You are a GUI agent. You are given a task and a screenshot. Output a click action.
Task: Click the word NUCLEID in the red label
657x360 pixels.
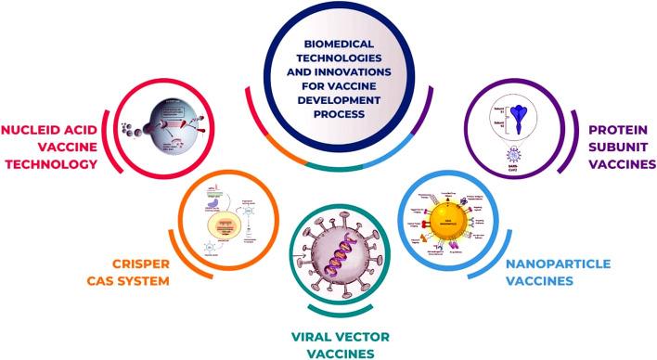[x=38, y=131]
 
